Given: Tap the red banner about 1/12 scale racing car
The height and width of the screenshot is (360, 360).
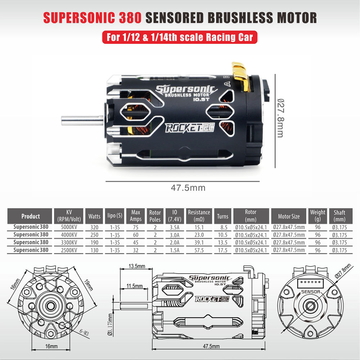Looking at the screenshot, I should (180, 37).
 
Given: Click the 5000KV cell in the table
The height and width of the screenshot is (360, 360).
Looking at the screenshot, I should (68, 228).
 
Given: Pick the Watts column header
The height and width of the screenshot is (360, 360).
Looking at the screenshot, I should (94, 216).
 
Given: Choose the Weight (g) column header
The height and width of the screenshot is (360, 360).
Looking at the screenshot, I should (318, 216).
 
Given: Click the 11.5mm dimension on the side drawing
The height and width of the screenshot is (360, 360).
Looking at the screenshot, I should (134, 286).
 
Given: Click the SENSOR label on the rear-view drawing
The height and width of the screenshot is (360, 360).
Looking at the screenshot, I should (310, 292).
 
